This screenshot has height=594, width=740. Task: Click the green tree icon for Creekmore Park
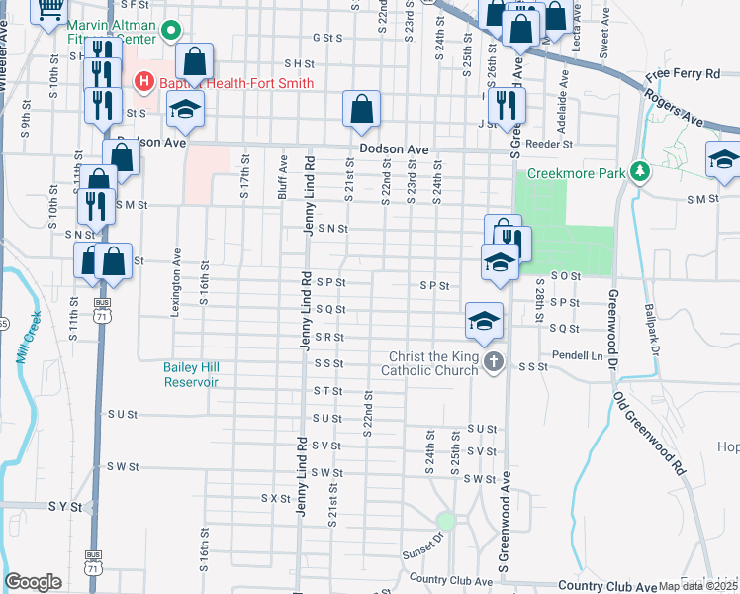[x=641, y=172]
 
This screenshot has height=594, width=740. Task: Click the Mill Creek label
[x=29, y=339]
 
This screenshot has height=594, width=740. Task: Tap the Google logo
[x=32, y=582]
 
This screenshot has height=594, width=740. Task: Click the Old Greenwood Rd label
[x=649, y=436]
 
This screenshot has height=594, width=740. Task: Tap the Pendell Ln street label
[x=579, y=354]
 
